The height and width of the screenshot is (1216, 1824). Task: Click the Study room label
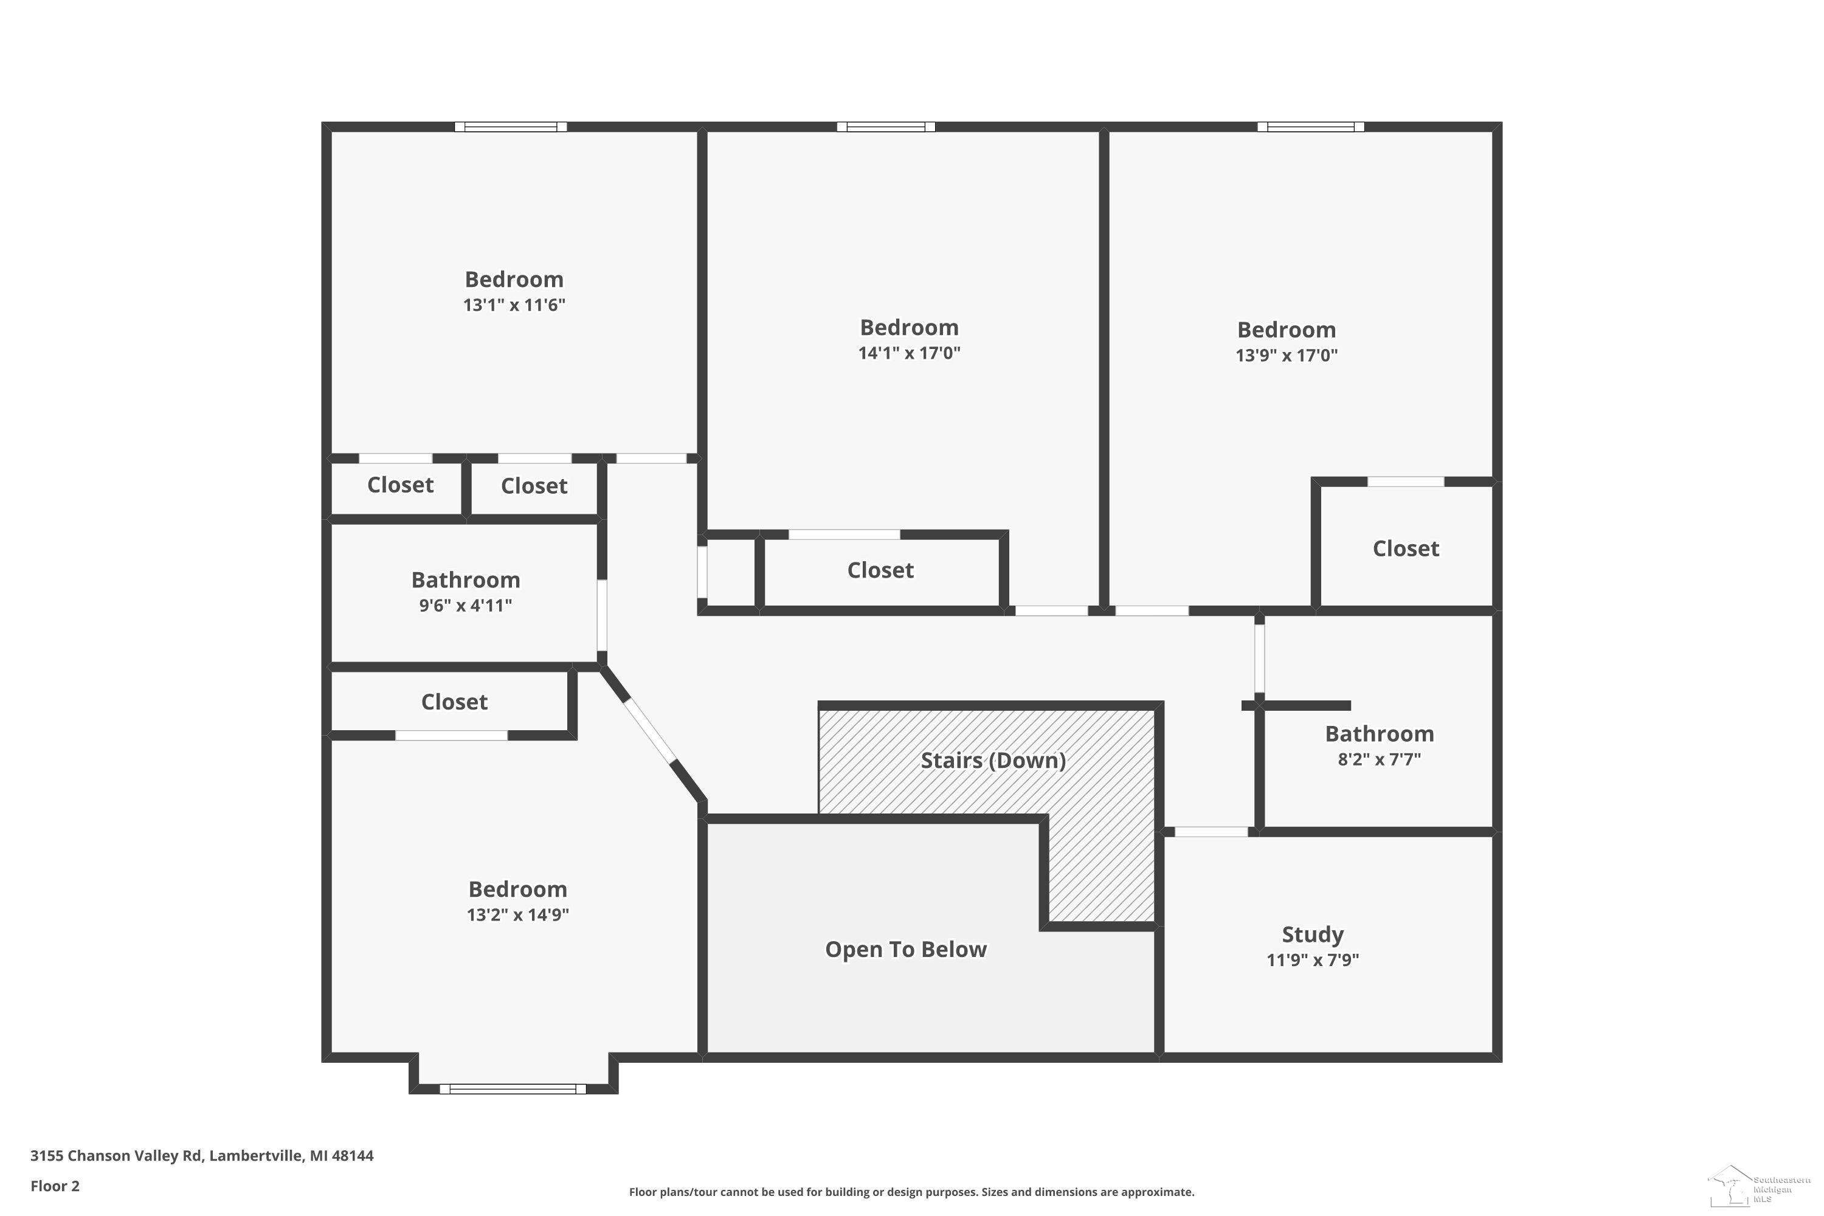1312,934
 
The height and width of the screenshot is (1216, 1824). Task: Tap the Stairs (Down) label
993,761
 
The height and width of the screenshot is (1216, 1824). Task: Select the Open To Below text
906,949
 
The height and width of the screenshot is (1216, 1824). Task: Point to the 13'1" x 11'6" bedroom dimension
514,305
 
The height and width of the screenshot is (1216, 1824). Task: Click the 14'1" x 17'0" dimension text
909,353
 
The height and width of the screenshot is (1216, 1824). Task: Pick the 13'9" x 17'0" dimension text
1287,355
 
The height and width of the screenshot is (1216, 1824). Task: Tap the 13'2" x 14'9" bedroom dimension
517,914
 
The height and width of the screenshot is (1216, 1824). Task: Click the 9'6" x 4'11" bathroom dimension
465,606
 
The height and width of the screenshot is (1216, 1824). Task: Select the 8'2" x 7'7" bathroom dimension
1379,759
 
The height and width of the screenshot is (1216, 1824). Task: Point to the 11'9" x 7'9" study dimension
1312,960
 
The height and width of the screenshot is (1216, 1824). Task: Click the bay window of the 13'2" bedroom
513,1089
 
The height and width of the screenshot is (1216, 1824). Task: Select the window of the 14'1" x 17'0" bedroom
886,126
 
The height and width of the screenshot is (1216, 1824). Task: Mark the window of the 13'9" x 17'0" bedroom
1311,126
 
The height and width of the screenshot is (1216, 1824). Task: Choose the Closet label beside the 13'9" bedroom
1405,549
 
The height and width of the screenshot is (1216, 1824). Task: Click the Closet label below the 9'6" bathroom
454,702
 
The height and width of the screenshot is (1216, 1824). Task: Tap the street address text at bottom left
202,1156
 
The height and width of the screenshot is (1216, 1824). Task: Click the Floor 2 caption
55,1186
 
